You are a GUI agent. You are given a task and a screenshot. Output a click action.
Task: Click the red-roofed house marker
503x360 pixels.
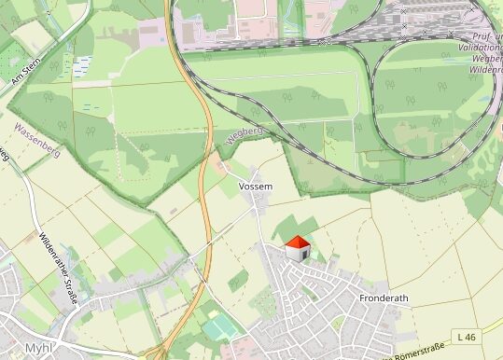coord(297,248)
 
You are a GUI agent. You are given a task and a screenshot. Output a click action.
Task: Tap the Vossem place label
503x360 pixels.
coord(256,187)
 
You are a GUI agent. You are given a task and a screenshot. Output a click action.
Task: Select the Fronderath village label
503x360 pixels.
coord(384,298)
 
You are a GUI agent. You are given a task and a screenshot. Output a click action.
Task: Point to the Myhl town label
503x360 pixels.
coord(38,347)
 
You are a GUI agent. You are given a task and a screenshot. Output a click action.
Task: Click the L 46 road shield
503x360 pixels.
coord(467,336)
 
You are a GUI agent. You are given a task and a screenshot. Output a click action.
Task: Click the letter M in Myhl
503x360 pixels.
coord(30,347)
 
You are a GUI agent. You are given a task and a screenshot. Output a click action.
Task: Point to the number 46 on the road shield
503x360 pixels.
coord(470,336)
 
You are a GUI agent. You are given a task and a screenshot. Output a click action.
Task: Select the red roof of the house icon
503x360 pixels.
coord(297,242)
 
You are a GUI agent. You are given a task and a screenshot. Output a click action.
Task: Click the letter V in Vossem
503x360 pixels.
coord(243,187)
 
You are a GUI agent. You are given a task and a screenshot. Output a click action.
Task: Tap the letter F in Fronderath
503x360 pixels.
coord(362,298)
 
